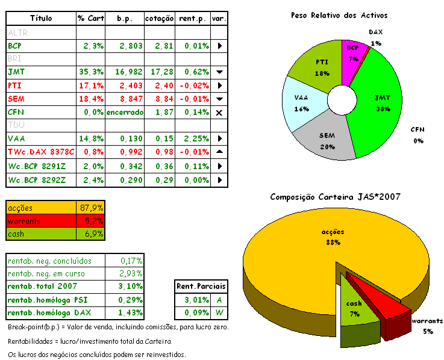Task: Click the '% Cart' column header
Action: click(x=90, y=19)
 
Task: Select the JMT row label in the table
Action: click(x=13, y=72)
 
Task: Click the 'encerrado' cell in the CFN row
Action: click(x=125, y=112)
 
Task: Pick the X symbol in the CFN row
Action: click(x=219, y=113)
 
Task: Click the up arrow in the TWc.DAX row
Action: click(x=219, y=152)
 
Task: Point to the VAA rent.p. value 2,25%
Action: click(x=193, y=138)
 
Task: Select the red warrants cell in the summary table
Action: click(x=40, y=221)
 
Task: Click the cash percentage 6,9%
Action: click(x=92, y=234)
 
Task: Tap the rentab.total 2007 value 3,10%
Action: click(x=130, y=287)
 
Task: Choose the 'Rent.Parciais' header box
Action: click(x=196, y=287)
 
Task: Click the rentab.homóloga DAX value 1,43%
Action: click(x=130, y=313)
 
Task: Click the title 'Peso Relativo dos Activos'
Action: click(x=339, y=15)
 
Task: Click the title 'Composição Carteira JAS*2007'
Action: click(x=335, y=197)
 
